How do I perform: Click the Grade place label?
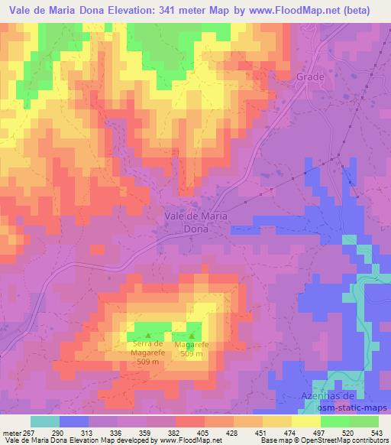(310, 76)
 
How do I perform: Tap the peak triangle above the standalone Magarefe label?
(191, 335)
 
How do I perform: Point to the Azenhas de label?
(326, 395)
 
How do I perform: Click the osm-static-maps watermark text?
(352, 407)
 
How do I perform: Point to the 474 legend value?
(292, 431)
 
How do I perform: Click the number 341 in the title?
(170, 10)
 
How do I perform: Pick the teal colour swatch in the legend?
(45, 421)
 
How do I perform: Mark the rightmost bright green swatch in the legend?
(364, 421)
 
